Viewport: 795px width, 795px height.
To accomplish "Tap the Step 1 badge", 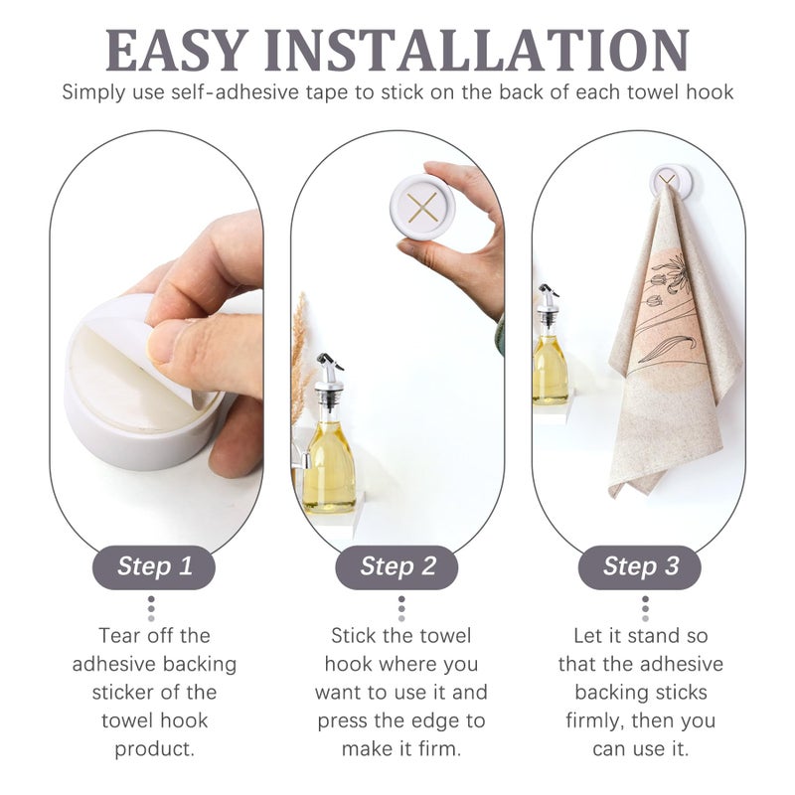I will [154, 567].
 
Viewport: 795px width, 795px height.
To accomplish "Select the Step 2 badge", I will [397, 567].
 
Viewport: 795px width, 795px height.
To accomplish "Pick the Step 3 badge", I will [641, 567].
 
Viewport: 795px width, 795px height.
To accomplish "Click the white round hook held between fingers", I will [422, 207].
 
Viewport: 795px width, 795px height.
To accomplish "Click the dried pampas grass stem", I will [298, 358].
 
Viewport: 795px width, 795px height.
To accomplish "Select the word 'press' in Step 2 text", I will [344, 720].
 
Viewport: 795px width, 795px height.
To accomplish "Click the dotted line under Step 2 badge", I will [400, 608].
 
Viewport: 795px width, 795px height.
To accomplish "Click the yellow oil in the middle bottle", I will [328, 467].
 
